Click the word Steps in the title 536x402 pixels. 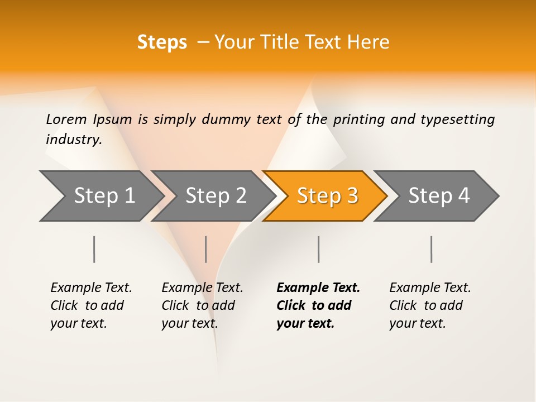coord(162,42)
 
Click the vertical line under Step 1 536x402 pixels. coord(94,249)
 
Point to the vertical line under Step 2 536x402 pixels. coord(206,249)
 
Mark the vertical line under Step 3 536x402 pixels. coord(318,249)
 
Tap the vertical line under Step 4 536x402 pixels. coord(431,249)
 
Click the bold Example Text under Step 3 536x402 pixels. coord(318,288)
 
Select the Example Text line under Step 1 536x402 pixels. coord(91,288)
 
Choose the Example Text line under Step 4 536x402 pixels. coord(430,288)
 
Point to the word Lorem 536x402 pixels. coord(66,119)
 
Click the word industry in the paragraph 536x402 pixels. coord(73,139)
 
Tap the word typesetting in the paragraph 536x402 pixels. coord(457,119)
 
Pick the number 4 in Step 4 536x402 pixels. coord(463,195)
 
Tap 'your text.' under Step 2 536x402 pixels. coord(189,323)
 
